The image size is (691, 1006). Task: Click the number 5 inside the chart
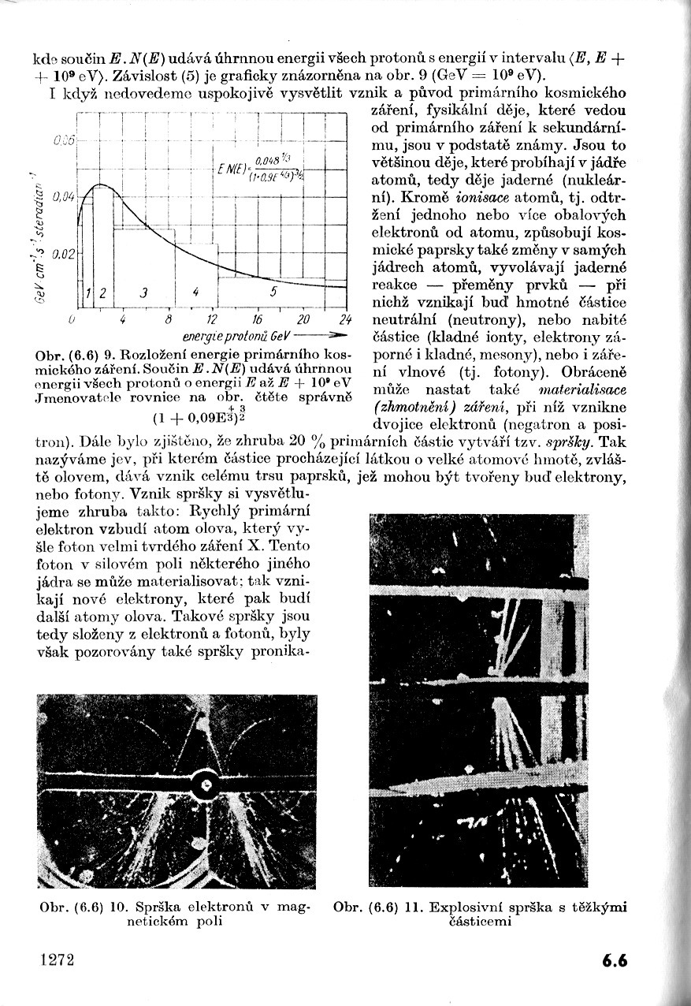coord(273,292)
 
